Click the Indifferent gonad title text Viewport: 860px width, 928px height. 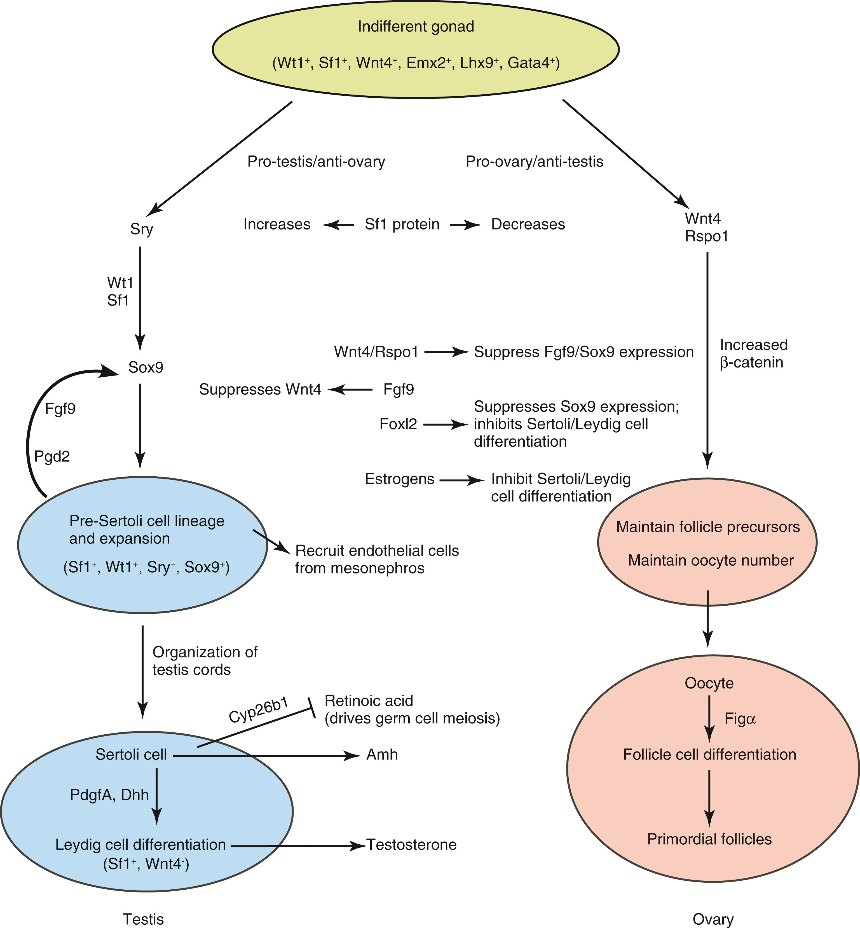tap(416, 27)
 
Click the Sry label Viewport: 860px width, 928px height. tap(142, 229)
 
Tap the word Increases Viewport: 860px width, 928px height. tap(277, 224)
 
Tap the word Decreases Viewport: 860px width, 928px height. tap(528, 224)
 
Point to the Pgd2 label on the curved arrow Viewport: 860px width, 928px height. tap(52, 456)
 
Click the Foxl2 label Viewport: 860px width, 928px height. tap(398, 424)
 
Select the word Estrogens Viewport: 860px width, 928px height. tap(399, 479)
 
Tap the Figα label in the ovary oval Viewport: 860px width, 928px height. tap(740, 719)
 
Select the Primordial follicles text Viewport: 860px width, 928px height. tap(709, 839)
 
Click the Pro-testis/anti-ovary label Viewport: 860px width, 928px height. tap(316, 161)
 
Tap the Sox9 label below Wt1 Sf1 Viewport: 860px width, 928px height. tap(146, 368)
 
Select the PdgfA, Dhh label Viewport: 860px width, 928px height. tap(109, 795)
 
